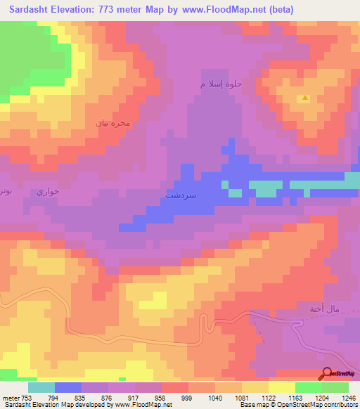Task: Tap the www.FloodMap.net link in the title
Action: coord(224,10)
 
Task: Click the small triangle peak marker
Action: coord(304,98)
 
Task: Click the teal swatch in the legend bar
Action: coord(41,387)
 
